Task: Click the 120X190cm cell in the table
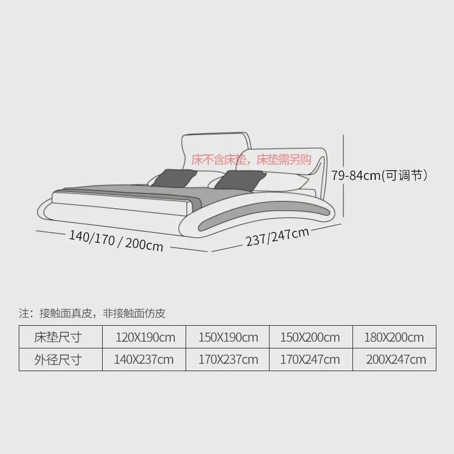tap(145, 338)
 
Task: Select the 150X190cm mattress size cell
tap(228, 338)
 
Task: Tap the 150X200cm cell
tap(310, 338)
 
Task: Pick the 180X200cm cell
tap(394, 338)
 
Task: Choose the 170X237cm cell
tap(228, 359)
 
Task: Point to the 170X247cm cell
tap(310, 359)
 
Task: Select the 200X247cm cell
tap(396, 359)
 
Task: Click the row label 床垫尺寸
tap(58, 338)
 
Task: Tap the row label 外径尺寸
tap(58, 359)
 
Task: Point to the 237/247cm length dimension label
tap(278, 237)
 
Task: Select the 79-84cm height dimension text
tap(379, 175)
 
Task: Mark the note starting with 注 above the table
tap(92, 313)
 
